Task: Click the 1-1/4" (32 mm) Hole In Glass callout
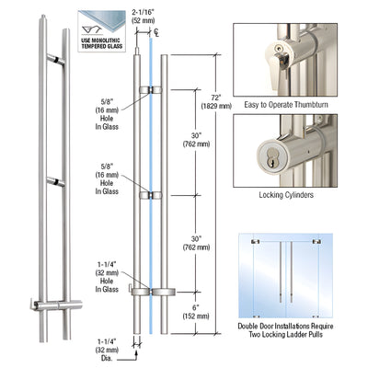click(108, 277)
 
